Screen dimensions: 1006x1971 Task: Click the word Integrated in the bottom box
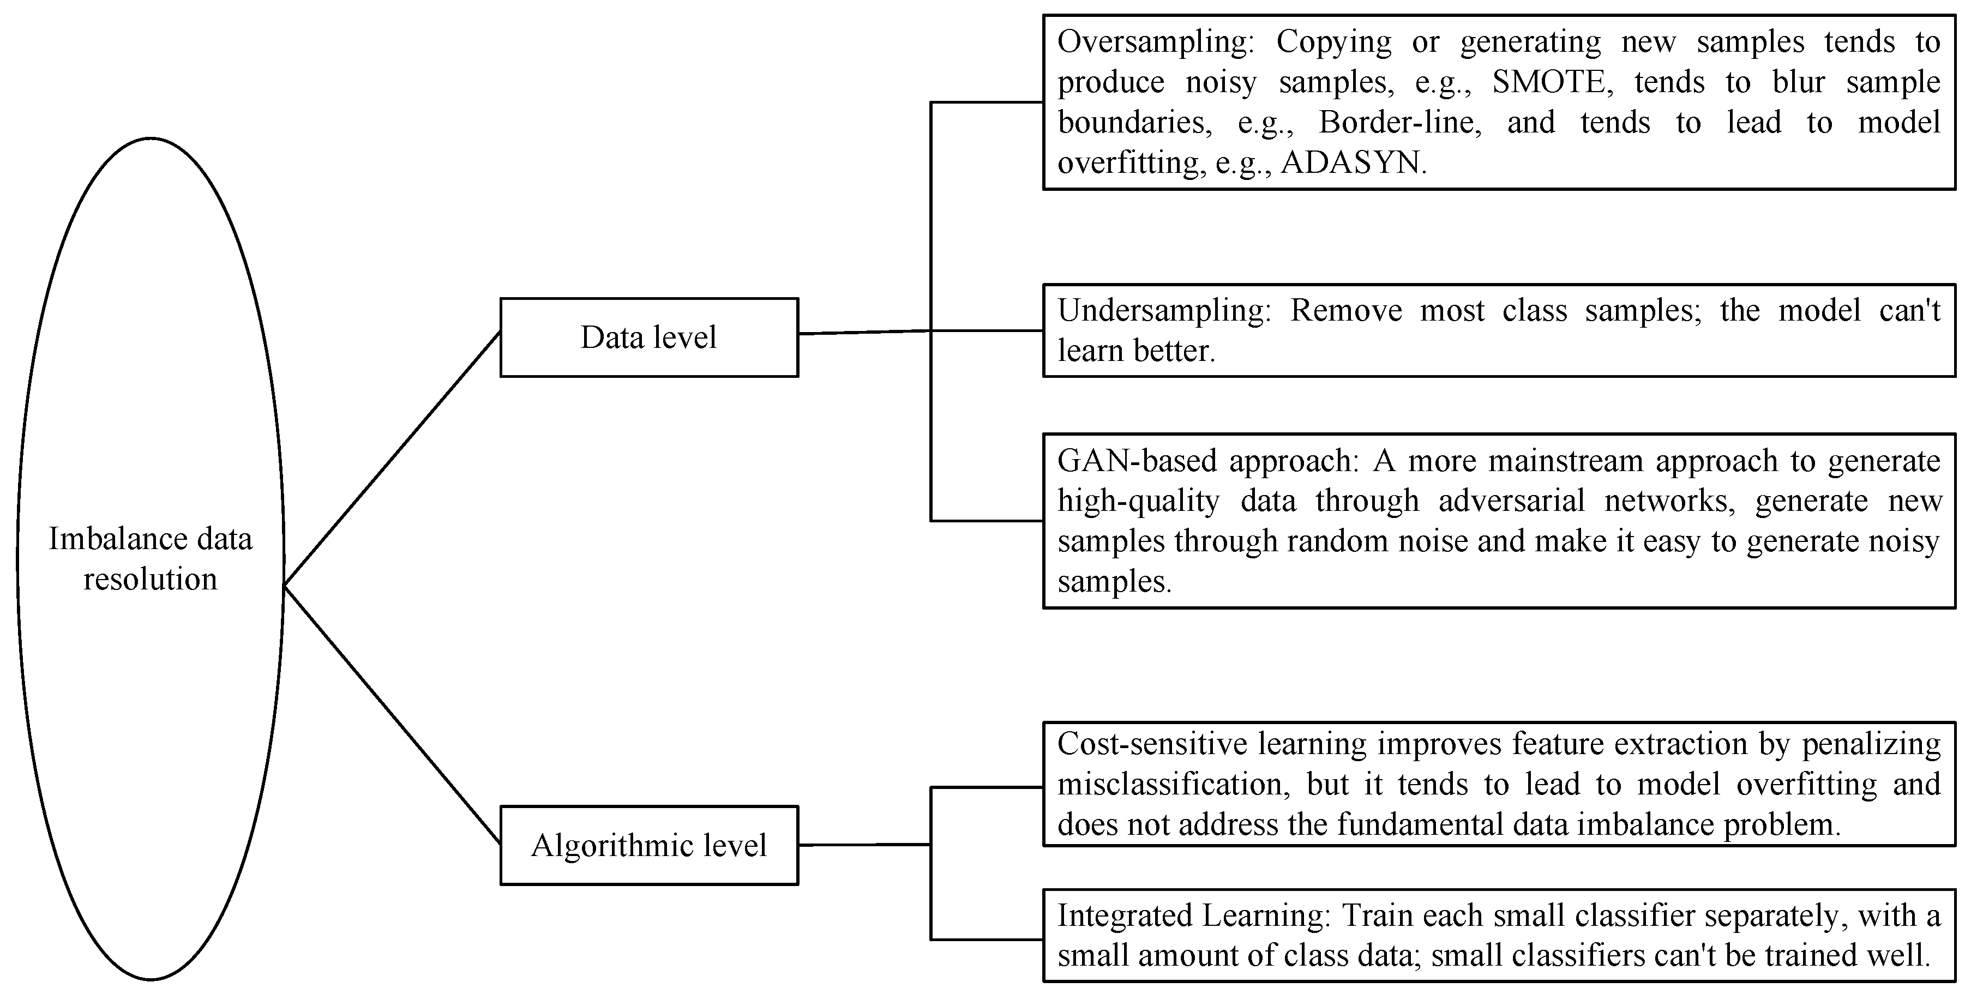coord(1122,915)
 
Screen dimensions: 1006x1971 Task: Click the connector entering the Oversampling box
coord(987,102)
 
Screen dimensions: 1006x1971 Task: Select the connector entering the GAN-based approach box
coord(987,521)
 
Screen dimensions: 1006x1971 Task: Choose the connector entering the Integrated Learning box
coord(987,939)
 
